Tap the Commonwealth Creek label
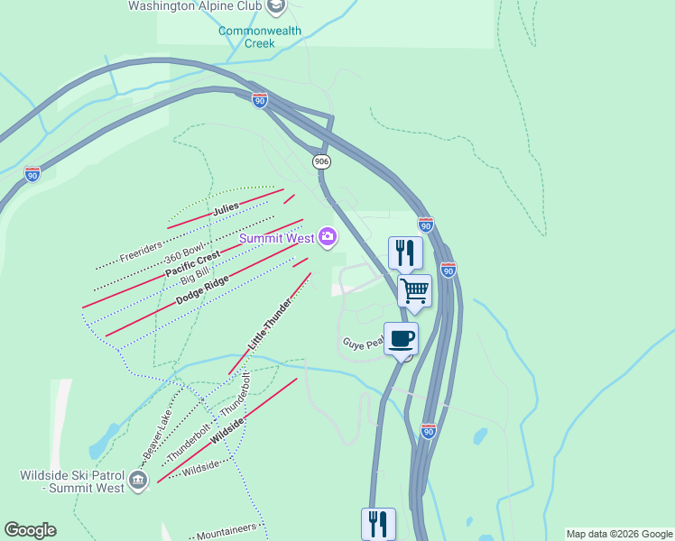click(258, 36)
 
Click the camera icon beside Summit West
click(327, 238)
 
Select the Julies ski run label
click(226, 208)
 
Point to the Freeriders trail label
click(140, 245)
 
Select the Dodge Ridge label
click(202, 290)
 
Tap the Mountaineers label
click(227, 530)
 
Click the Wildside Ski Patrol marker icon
click(137, 481)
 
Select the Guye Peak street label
click(364, 344)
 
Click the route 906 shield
click(321, 161)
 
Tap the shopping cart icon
click(414, 291)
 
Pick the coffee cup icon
click(401, 339)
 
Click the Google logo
click(30, 530)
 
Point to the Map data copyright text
click(618, 534)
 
